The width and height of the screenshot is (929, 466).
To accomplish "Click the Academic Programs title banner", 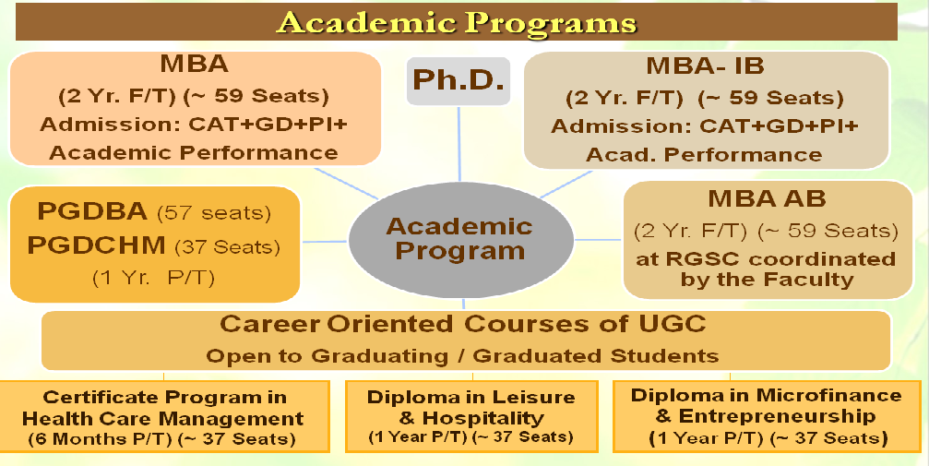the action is (457, 22).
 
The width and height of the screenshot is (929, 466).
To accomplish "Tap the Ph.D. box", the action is (459, 81).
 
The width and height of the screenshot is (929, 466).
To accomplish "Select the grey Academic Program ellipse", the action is (461, 240).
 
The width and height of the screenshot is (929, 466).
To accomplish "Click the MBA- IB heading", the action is (705, 66).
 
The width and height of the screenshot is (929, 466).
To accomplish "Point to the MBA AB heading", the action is (767, 198).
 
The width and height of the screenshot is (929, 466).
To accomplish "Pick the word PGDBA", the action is (92, 211).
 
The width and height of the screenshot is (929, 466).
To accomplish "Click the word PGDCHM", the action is (97, 245).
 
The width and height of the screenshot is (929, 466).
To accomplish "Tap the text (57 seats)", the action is (213, 213).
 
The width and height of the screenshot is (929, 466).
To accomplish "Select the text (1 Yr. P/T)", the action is (153, 278).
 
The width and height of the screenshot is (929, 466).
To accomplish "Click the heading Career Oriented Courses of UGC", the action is (463, 324).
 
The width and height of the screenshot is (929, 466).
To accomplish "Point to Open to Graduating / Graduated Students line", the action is (462, 355).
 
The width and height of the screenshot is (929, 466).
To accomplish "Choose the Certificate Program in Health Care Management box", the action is (163, 417).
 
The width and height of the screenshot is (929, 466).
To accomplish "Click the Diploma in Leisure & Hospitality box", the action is (471, 417).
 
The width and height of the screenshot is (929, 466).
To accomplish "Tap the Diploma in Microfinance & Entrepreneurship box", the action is (767, 417).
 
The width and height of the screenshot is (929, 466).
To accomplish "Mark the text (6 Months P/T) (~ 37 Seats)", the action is (161, 439).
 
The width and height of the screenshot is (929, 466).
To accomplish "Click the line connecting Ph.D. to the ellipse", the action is (459, 144).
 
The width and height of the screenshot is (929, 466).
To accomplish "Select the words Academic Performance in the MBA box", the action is (193, 152).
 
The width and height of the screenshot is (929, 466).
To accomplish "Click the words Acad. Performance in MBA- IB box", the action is (704, 155).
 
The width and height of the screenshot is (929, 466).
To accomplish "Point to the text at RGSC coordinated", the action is (766, 259).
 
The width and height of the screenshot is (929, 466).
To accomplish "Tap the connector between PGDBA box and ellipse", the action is (325, 241).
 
